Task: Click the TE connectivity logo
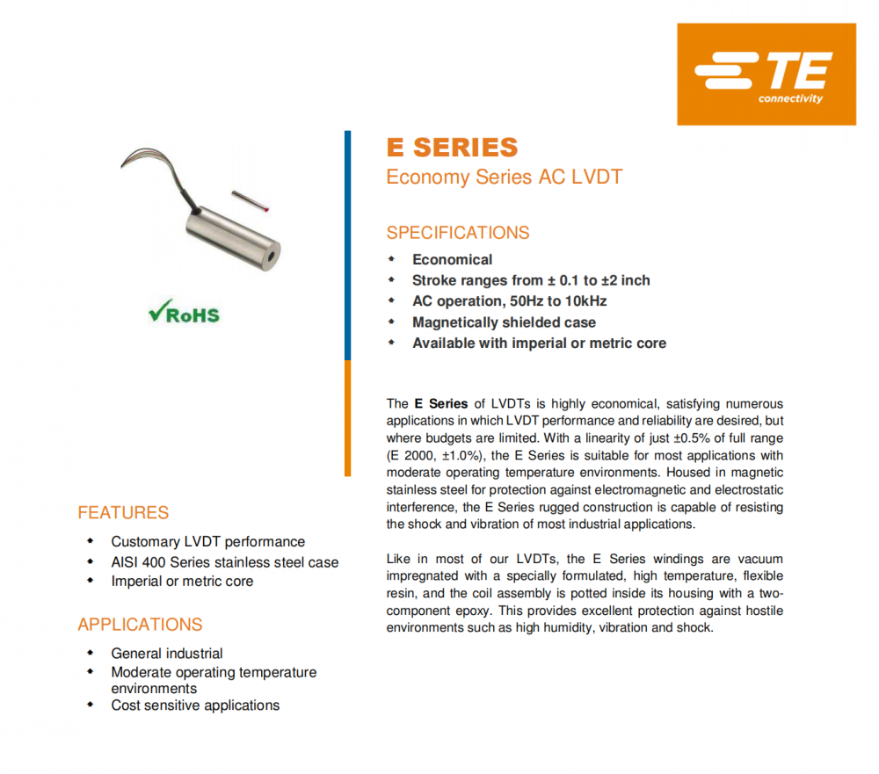[x=766, y=74]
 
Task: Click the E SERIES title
[x=452, y=147]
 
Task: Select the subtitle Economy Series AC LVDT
[x=504, y=177]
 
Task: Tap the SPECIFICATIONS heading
[x=458, y=233]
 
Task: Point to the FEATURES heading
[x=123, y=512]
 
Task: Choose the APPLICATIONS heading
[x=140, y=625]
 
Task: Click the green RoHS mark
[x=184, y=314]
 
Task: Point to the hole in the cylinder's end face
[x=272, y=256]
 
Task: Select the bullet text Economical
[x=452, y=259]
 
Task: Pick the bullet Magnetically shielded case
[x=504, y=322]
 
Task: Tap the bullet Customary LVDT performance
[x=207, y=542]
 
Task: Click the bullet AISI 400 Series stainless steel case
[x=224, y=562]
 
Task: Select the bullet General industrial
[x=167, y=654]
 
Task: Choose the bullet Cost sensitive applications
[x=195, y=705]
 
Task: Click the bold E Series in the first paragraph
[x=440, y=404]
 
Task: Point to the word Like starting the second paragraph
[x=398, y=559]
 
